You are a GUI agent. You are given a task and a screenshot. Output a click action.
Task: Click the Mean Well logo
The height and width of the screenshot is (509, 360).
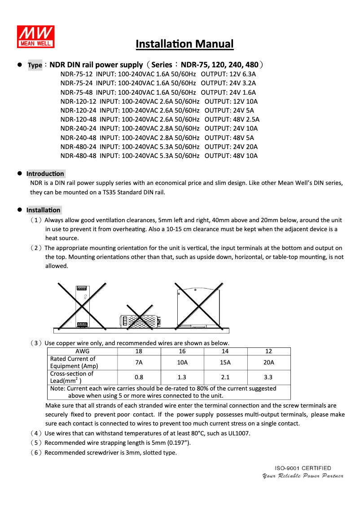36,36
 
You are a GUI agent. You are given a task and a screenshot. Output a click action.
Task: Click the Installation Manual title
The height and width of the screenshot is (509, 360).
184,44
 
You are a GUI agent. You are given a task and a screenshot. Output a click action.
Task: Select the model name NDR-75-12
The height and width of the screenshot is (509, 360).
76,74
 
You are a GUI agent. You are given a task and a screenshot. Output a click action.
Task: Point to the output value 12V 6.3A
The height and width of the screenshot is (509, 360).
242,74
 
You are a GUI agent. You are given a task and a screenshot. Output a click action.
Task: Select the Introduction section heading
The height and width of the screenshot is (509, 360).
45,174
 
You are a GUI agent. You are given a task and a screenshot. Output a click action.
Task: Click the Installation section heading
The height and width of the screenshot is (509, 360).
43,210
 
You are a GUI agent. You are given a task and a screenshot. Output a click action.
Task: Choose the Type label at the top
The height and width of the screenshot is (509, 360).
35,65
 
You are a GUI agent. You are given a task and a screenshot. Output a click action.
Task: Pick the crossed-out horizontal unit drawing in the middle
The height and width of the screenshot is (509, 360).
140,320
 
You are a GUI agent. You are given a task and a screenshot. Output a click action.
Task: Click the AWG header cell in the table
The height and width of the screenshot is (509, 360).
82,351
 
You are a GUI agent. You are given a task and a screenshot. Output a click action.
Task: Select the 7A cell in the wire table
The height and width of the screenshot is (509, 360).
139,363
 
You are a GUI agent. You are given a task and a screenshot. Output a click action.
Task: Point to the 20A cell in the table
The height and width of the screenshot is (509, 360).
268,363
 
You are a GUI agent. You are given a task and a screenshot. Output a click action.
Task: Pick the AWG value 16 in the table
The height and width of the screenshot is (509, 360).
182,351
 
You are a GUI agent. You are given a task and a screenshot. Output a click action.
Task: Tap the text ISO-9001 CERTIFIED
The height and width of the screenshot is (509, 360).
303,468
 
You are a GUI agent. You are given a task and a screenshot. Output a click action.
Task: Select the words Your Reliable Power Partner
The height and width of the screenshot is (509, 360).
303,476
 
